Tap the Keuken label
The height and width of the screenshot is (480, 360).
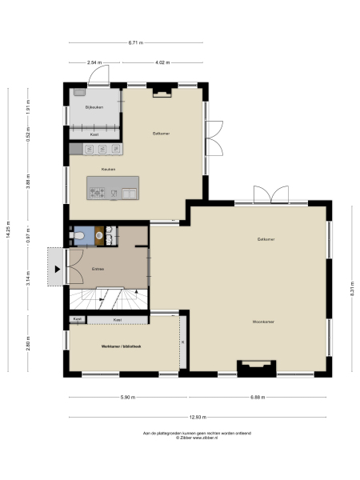[x=108, y=169]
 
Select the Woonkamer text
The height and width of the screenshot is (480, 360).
[x=263, y=322]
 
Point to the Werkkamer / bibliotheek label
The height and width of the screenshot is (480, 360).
[x=121, y=346]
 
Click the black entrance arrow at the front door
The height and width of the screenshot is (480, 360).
[x=58, y=269]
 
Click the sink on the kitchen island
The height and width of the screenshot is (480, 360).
[x=129, y=191]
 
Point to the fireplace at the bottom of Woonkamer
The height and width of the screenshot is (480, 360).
[x=256, y=368]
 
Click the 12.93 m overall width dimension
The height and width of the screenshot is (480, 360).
[x=198, y=417]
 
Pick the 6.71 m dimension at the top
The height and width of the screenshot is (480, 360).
[x=136, y=42]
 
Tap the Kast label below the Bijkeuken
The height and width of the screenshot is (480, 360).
[x=94, y=134]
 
